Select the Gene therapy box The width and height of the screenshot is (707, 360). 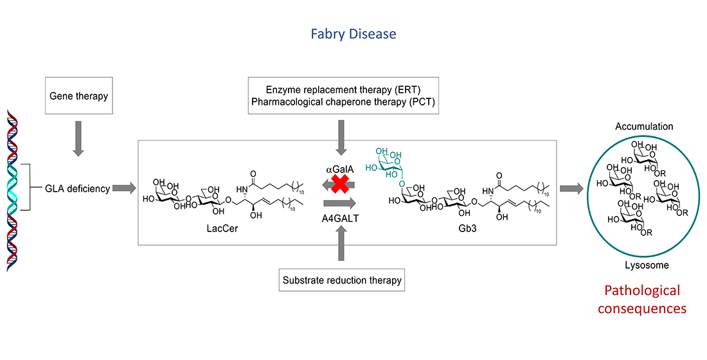[78, 96]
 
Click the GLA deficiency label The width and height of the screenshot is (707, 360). [77, 189]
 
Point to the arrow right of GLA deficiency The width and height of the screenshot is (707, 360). [124, 188]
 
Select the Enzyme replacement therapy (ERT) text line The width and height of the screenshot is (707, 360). [343, 89]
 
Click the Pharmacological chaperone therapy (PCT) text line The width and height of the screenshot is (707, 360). [343, 102]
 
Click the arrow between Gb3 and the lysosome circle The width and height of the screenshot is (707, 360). [570, 188]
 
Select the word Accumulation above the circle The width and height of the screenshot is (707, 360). [643, 127]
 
